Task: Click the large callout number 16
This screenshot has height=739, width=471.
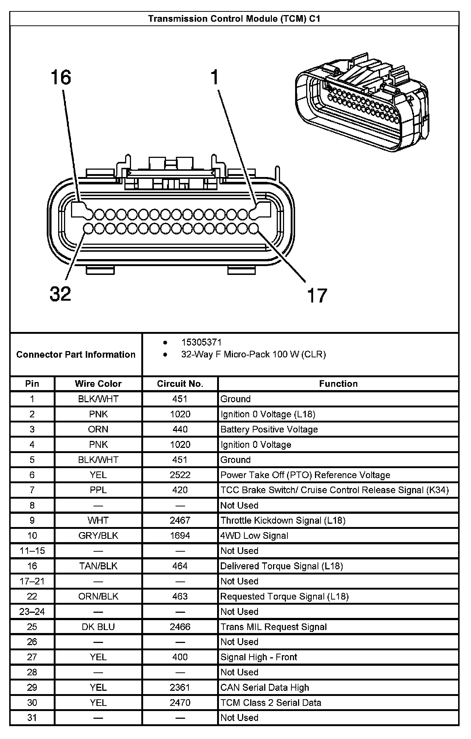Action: click(x=61, y=78)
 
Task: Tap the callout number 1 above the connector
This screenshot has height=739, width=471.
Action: click(x=215, y=78)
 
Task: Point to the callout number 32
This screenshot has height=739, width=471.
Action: click(x=60, y=294)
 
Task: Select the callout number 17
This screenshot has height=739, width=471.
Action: click(x=317, y=296)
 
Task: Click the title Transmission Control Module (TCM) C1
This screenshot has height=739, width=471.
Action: click(x=234, y=19)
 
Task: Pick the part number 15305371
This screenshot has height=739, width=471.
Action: click(x=201, y=342)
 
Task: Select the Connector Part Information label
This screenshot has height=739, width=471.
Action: click(x=76, y=354)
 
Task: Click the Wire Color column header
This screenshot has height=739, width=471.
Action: click(x=98, y=383)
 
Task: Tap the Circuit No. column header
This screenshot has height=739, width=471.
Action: click(x=180, y=383)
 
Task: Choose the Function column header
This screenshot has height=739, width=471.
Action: click(x=338, y=383)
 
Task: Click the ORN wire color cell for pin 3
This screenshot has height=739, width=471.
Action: click(x=98, y=429)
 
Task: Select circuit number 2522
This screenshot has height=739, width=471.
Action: click(x=180, y=475)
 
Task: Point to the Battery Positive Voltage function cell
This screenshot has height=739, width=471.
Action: click(x=269, y=429)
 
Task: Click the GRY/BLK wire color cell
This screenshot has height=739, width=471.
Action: click(x=98, y=535)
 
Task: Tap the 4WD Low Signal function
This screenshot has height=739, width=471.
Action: click(x=254, y=535)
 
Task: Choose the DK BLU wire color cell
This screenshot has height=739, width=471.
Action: click(x=98, y=627)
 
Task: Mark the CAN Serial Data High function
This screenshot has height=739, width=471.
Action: click(x=265, y=687)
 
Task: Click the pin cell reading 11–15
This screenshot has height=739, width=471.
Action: click(x=32, y=551)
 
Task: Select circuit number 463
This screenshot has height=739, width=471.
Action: click(x=180, y=596)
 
